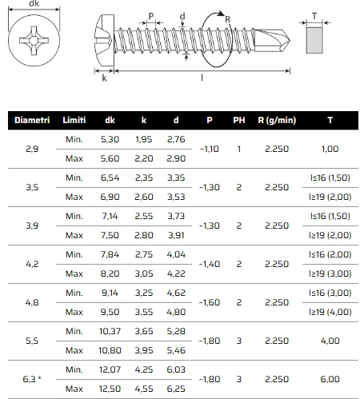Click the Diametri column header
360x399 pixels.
[32, 120]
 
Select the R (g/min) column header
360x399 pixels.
[277, 120]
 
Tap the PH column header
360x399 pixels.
[239, 120]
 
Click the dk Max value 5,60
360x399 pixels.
[110, 158]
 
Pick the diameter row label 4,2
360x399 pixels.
[32, 264]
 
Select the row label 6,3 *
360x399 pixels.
[32, 379]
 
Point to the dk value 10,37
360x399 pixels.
[110, 331]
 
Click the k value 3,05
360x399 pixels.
[144, 273]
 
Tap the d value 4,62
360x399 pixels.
[176, 293]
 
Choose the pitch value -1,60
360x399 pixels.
[210, 302]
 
